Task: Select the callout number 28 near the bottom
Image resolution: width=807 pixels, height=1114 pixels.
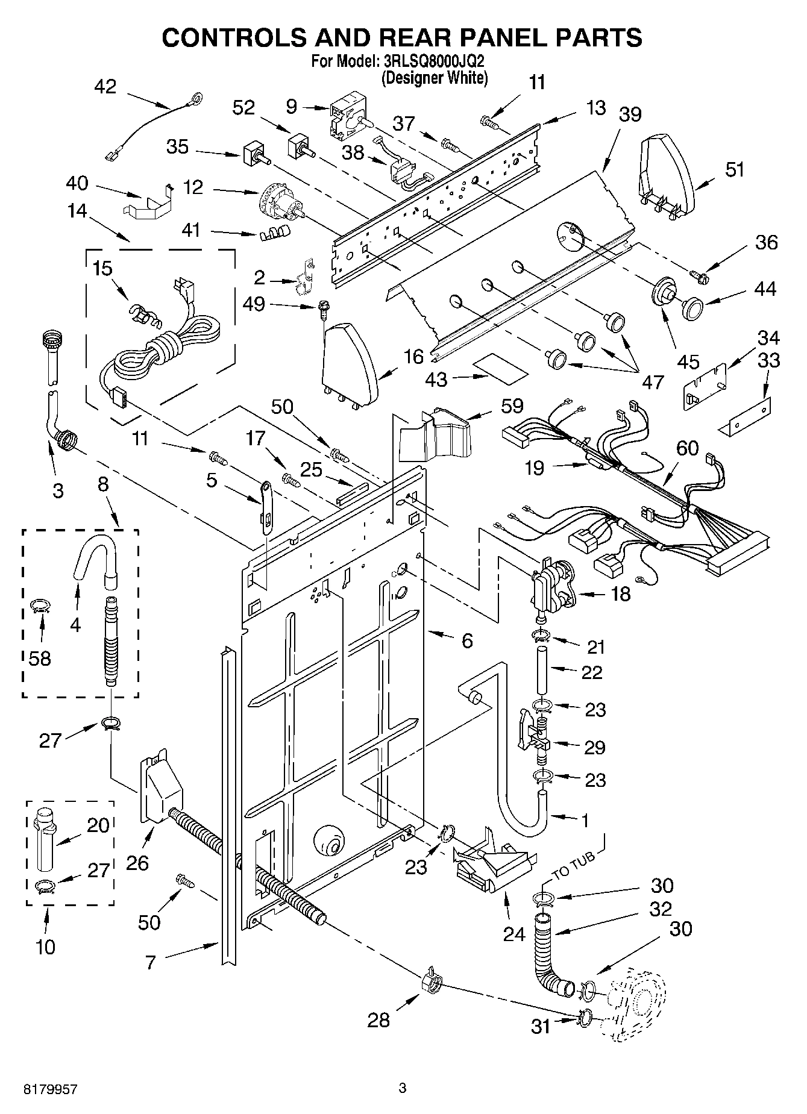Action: coord(378,1019)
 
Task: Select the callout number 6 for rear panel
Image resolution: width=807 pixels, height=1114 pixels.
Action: coord(467,641)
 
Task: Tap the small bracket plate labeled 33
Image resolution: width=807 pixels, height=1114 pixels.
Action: coord(745,418)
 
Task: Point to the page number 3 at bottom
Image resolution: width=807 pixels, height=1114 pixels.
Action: coord(403,1087)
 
